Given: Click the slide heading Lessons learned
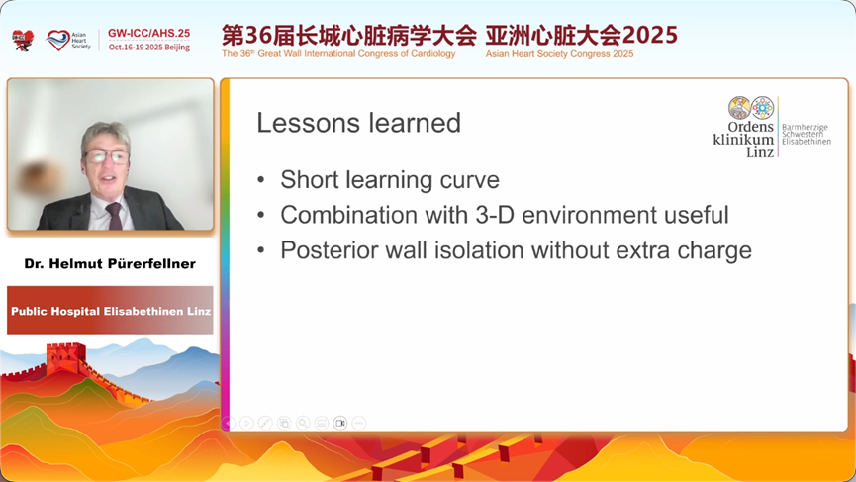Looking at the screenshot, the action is click(x=358, y=123).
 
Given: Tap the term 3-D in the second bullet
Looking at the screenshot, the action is click(x=495, y=215).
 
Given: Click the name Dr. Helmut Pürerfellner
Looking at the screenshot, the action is click(x=110, y=263).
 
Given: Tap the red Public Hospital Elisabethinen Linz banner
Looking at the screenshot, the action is click(x=110, y=310).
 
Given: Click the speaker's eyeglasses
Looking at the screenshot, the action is click(x=106, y=157).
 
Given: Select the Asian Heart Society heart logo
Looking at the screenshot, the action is click(x=57, y=40).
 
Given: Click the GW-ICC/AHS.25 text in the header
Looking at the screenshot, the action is click(x=149, y=33).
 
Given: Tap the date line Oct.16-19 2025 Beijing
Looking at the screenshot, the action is click(x=149, y=47).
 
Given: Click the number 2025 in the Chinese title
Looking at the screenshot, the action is click(x=649, y=35).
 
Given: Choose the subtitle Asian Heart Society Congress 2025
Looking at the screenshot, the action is click(x=559, y=54).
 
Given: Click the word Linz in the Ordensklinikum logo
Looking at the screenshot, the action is click(x=760, y=152).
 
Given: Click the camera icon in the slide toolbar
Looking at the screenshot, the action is click(x=340, y=423).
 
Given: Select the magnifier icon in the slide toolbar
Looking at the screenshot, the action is click(x=303, y=423).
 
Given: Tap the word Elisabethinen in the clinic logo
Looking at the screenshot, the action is click(x=807, y=141).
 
